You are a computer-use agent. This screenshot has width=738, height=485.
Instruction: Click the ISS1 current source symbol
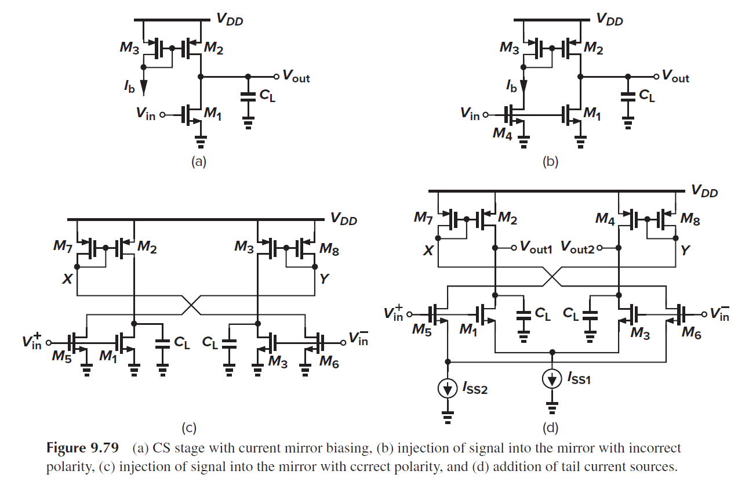pyautogui.click(x=551, y=379)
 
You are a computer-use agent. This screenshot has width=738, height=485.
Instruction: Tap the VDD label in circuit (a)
pyautogui.click(x=230, y=20)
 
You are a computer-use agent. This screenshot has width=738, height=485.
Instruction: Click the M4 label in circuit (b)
pyautogui.click(x=501, y=133)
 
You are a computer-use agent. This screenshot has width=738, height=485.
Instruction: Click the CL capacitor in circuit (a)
pyautogui.click(x=248, y=96)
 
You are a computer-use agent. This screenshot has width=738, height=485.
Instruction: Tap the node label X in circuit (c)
pyautogui.click(x=67, y=279)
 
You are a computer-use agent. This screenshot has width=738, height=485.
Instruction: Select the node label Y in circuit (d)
pyautogui.click(x=685, y=251)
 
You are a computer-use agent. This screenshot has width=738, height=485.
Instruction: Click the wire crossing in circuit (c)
pyautogui.click(x=192, y=305)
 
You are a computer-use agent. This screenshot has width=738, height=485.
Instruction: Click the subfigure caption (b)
pyautogui.click(x=550, y=162)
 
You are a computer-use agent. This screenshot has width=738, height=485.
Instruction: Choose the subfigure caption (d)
pyautogui.click(x=550, y=428)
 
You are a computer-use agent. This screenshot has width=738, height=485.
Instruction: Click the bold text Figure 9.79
pyautogui.click(x=82, y=448)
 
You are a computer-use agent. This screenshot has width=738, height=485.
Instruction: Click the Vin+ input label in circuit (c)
pyautogui.click(x=33, y=341)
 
